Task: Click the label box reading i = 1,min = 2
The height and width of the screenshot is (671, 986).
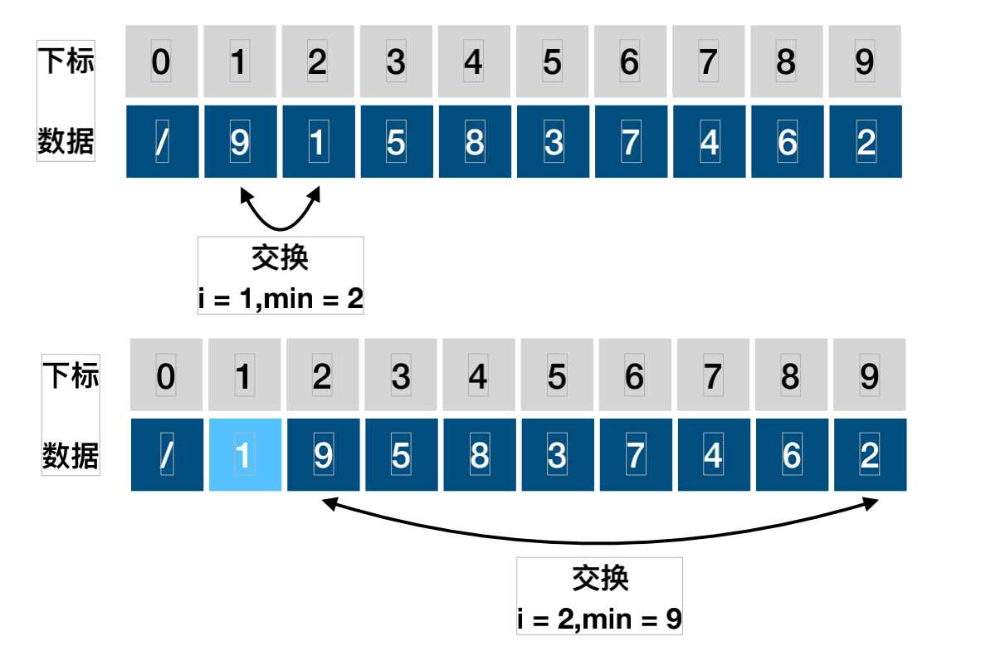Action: [x=281, y=275]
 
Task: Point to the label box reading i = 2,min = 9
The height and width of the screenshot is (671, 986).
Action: [x=599, y=596]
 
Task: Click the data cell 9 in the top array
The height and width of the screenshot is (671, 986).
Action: [x=240, y=142]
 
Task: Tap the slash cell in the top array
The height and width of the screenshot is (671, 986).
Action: [x=162, y=142]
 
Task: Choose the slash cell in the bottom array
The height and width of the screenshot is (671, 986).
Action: [x=167, y=454]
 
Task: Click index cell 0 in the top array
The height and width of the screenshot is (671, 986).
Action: [x=162, y=62]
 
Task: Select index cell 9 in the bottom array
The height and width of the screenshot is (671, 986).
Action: [x=869, y=376]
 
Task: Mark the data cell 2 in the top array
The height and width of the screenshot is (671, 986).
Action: [x=865, y=142]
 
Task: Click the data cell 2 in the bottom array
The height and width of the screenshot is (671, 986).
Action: [x=869, y=454]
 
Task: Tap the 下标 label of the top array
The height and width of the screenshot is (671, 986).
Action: [x=66, y=62]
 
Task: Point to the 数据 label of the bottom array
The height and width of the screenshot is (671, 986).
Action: [x=71, y=456]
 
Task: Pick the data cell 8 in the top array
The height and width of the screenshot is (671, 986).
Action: [x=474, y=142]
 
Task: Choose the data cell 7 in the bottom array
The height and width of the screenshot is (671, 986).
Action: [x=635, y=454]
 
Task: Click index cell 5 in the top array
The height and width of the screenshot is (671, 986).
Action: [x=552, y=62]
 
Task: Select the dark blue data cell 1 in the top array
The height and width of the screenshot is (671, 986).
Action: [x=318, y=142]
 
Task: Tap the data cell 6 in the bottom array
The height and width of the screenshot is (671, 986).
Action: [x=791, y=454]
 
